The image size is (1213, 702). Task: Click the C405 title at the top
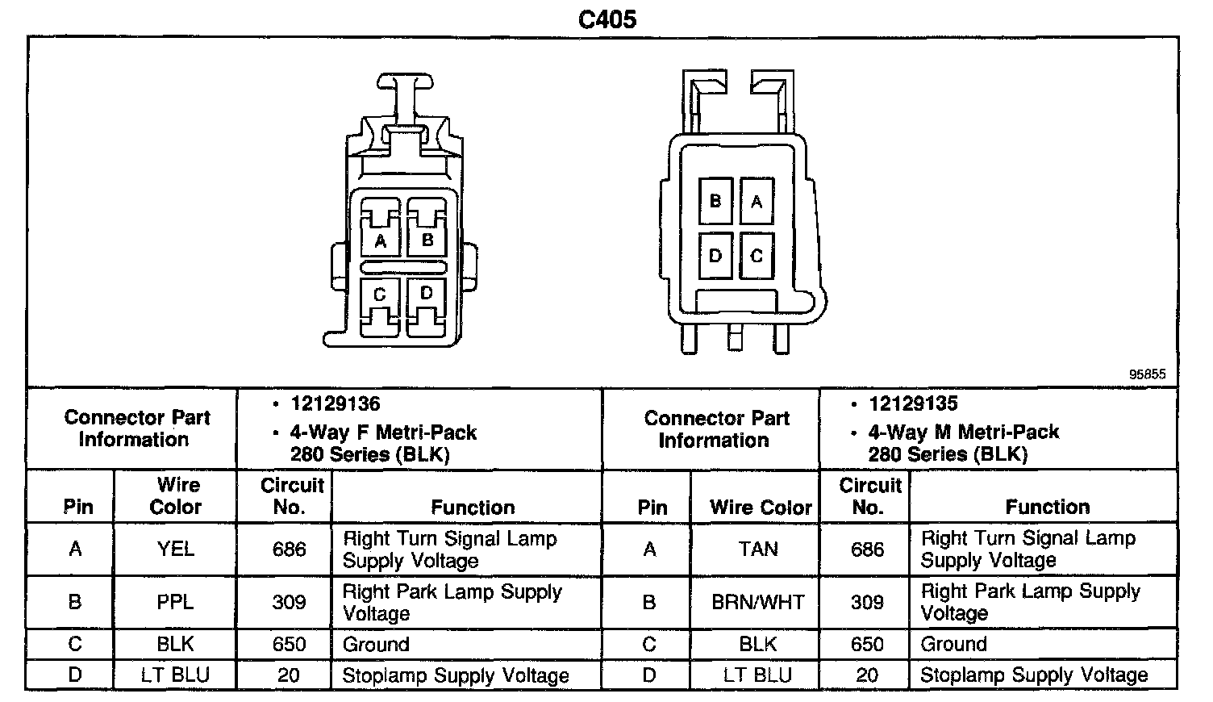pyautogui.click(x=607, y=19)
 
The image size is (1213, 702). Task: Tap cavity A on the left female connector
pyautogui.click(x=381, y=240)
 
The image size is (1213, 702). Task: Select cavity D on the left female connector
pyautogui.click(x=427, y=293)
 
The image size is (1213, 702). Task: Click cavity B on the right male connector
pyautogui.click(x=715, y=200)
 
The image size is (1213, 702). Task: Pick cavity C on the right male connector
pyautogui.click(x=757, y=256)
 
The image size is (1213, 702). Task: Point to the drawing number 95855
pyautogui.click(x=1147, y=374)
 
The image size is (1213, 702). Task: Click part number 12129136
pyautogui.click(x=336, y=403)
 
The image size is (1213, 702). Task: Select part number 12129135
pyautogui.click(x=913, y=403)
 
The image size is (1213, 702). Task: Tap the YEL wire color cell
pyautogui.click(x=175, y=549)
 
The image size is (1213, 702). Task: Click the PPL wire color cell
pyautogui.click(x=175, y=602)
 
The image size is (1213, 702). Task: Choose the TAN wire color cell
pyautogui.click(x=758, y=549)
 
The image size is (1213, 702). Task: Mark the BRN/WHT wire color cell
pyautogui.click(x=758, y=602)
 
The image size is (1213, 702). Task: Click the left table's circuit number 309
pyautogui.click(x=289, y=602)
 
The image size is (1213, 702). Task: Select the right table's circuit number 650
pyautogui.click(x=867, y=644)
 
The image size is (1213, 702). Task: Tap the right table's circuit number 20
pyautogui.click(x=867, y=675)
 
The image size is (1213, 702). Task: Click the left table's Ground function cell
pyautogui.click(x=376, y=644)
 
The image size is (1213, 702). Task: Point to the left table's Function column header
pyautogui.click(x=473, y=507)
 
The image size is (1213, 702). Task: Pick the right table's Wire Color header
pyautogui.click(x=761, y=507)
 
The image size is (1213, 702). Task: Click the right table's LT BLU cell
pyautogui.click(x=758, y=675)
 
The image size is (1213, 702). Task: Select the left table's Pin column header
pyautogui.click(x=78, y=507)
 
